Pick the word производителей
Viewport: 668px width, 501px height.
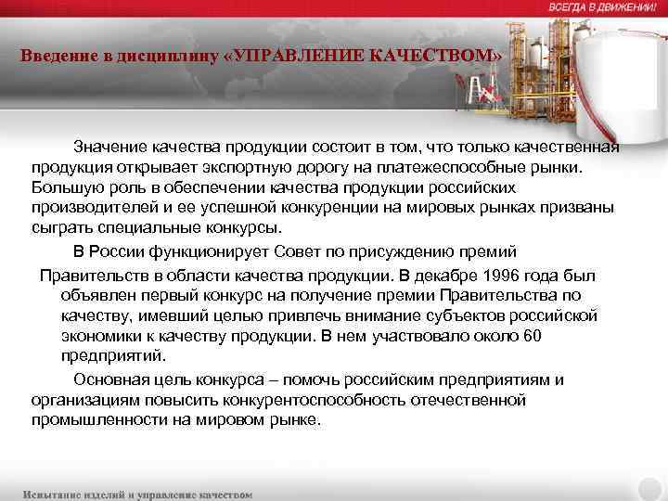click(x=93, y=210)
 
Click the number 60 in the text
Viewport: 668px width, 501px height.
click(x=532, y=335)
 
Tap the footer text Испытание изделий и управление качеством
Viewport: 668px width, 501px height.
click(x=137, y=494)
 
